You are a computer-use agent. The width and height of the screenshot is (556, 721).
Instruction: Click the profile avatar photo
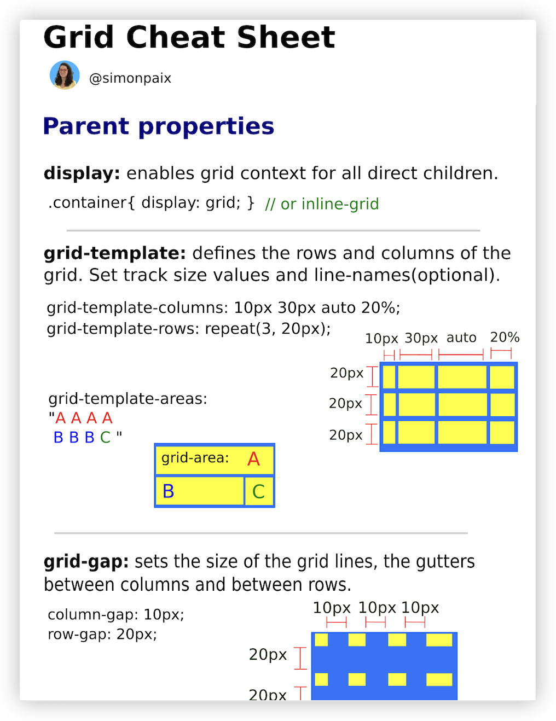[x=65, y=75]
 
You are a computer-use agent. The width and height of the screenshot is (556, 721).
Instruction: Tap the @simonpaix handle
[x=130, y=78]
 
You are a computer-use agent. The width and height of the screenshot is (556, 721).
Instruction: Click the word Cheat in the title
[x=175, y=37]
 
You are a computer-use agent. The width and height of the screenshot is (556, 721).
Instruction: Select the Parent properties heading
[x=158, y=126]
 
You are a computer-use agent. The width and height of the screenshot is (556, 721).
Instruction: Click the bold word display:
[x=82, y=173]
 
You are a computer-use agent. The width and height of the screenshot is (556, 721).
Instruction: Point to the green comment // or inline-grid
[x=322, y=204]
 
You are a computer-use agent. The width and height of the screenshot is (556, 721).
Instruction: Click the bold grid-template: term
[x=114, y=253]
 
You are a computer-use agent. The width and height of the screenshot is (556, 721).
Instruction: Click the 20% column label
[x=505, y=337]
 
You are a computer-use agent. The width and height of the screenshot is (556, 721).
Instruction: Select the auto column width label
[x=461, y=338]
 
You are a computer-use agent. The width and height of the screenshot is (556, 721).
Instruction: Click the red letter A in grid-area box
[x=253, y=459]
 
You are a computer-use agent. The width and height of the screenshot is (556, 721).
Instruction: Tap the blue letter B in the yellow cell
[x=169, y=491]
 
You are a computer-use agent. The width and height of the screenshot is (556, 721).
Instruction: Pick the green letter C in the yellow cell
[x=258, y=492]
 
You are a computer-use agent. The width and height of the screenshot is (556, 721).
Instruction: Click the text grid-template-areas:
[x=128, y=398]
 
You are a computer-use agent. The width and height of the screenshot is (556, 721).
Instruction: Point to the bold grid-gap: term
[x=86, y=562]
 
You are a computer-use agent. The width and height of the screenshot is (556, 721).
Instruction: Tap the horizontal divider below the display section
[x=273, y=230]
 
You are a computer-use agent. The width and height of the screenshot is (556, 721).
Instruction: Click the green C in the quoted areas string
[x=105, y=437]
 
